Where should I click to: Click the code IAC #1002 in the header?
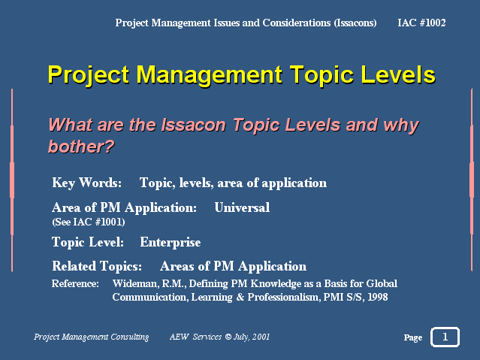click(421, 23)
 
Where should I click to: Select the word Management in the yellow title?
click(209, 75)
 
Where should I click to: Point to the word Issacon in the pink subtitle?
click(194, 125)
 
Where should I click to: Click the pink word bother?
click(81, 147)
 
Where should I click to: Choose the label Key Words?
click(86, 183)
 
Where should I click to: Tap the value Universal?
click(242, 207)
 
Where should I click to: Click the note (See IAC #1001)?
click(89, 222)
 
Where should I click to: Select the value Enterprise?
click(171, 242)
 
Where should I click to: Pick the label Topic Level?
click(88, 242)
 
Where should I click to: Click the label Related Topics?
click(97, 266)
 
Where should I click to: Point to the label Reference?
click(75, 283)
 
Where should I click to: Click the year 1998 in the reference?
click(377, 297)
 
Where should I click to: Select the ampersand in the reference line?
click(240, 297)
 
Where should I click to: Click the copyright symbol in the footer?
click(228, 337)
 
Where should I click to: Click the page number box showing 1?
click(445, 337)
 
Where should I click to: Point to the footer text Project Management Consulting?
click(91, 337)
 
